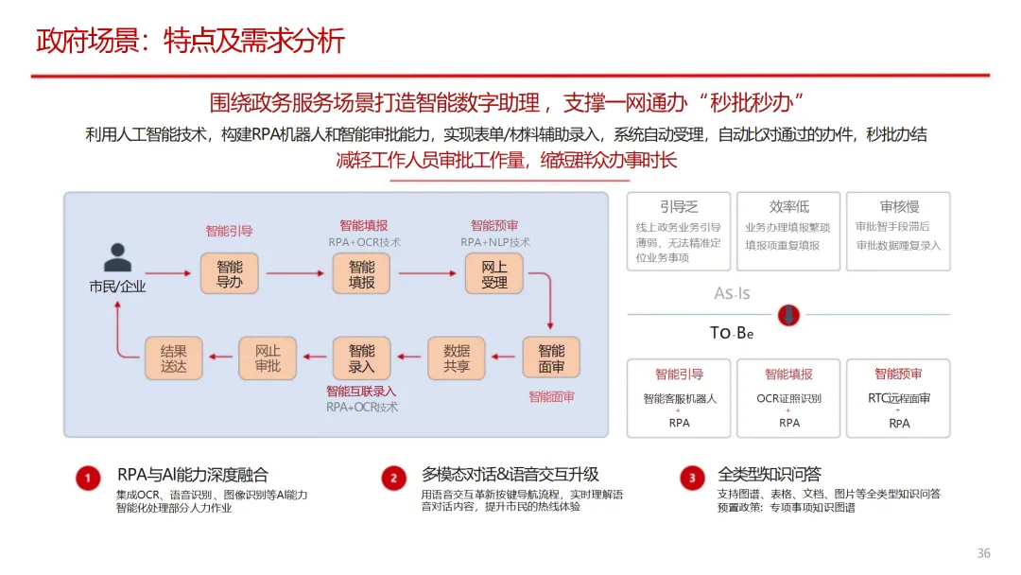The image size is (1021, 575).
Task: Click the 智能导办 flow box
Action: pos(230,274)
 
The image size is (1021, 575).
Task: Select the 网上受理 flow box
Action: pos(493,274)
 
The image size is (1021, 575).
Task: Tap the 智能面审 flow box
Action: pos(551,358)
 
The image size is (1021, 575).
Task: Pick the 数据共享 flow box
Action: pos(457,358)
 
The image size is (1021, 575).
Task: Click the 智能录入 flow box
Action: pos(361,358)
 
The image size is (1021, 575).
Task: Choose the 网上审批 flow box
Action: pos(268,358)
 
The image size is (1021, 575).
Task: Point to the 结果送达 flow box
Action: pos(174,358)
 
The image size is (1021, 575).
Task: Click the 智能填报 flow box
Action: pos(361,274)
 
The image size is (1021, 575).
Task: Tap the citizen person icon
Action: pos(117,257)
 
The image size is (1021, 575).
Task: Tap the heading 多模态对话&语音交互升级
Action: pos(510,475)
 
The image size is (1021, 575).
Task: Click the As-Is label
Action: pos(732,293)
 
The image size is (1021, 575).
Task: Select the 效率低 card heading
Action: pos(789,206)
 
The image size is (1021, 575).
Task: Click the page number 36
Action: pos(983,553)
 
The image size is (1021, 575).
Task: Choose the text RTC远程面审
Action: pos(899,398)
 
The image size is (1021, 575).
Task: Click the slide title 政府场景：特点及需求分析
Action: pos(190,42)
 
